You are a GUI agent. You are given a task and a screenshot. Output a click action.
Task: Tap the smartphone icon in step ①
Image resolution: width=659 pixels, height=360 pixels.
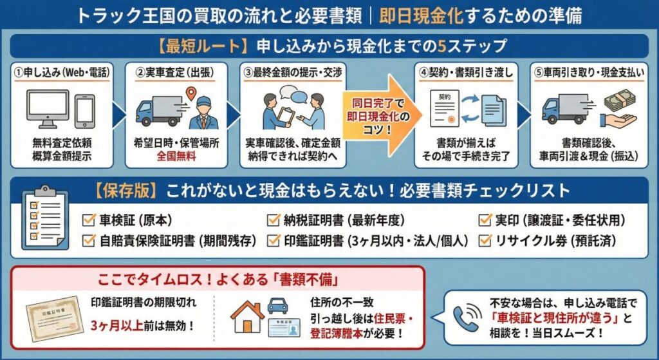84,111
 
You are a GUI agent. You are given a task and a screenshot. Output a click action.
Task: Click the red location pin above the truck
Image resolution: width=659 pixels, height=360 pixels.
190,95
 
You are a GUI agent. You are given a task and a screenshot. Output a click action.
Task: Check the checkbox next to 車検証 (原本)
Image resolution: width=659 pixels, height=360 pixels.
89,220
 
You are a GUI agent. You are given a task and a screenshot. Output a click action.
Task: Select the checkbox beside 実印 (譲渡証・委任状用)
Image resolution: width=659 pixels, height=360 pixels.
485,220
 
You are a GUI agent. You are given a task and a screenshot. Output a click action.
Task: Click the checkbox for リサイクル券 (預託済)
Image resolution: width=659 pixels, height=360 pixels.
485,241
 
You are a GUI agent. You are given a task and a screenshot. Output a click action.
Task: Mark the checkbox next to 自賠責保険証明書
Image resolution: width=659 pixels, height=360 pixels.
89,241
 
